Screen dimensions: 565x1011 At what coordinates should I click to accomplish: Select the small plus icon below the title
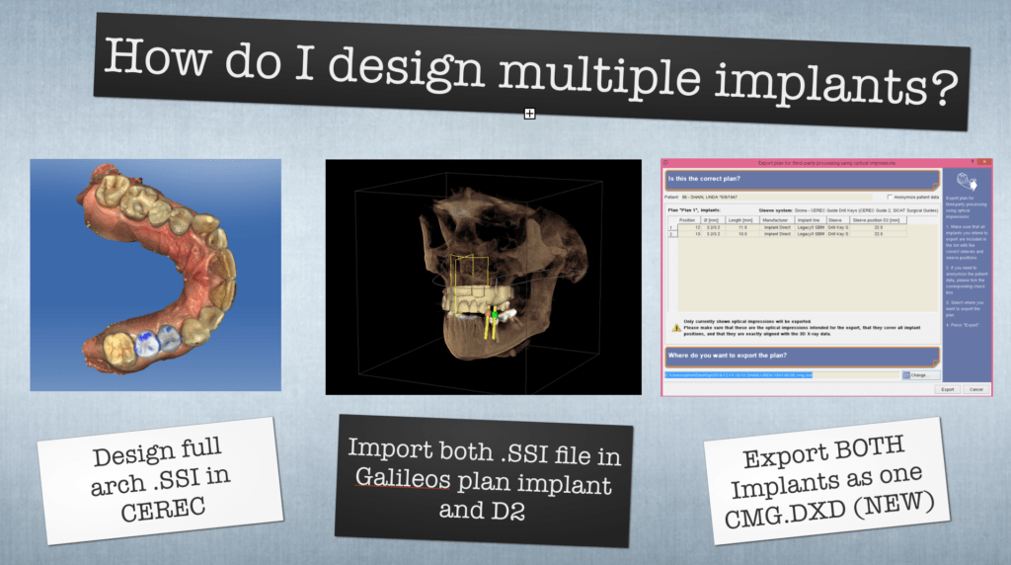(x=529, y=115)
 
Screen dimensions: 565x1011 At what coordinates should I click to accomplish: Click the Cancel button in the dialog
(x=975, y=389)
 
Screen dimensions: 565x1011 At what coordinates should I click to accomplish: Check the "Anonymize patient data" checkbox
(x=890, y=197)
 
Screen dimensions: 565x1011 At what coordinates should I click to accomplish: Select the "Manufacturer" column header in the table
(x=778, y=220)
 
